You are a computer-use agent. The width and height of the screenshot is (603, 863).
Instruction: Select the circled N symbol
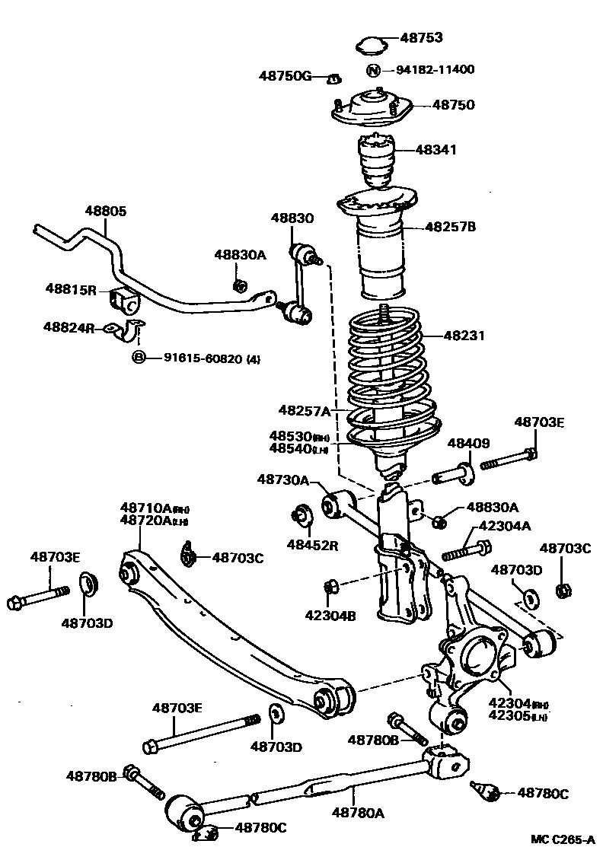click(x=373, y=70)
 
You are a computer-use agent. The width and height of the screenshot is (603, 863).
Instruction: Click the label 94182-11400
click(x=435, y=70)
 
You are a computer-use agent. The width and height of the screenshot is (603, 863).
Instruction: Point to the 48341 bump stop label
click(x=435, y=150)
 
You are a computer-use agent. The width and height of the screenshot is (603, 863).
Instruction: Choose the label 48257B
click(x=450, y=226)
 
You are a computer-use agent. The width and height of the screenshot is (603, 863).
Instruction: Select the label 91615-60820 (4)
click(x=212, y=358)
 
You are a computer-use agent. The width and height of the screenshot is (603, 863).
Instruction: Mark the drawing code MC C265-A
click(x=562, y=840)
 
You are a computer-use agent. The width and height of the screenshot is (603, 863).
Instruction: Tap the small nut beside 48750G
click(x=333, y=78)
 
